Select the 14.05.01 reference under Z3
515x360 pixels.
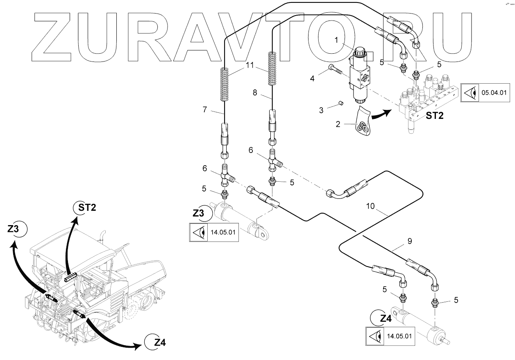coord(222,232)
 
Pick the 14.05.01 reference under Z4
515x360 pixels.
coord(399,336)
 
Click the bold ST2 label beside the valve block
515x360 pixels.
coord(435,116)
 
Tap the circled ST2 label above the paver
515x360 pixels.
coord(87,208)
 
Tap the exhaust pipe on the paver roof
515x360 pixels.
coord(102,238)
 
